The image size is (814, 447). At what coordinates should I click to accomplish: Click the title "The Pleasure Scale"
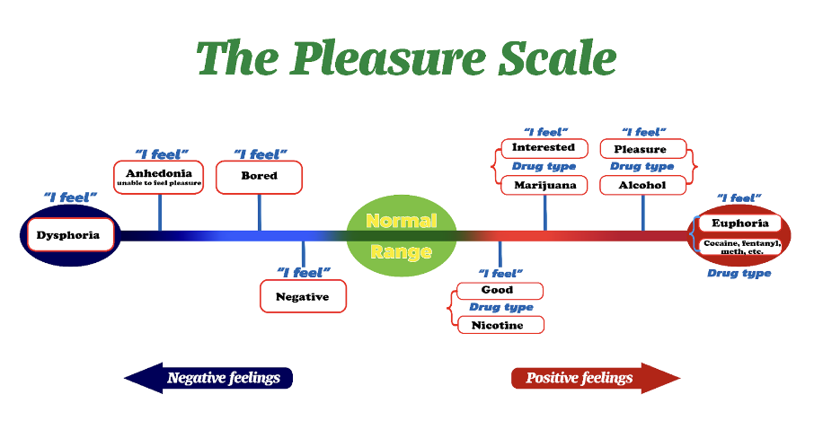coord(406,57)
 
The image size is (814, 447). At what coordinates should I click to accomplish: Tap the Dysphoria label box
coord(69,236)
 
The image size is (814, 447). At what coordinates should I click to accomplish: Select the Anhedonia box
coord(159,177)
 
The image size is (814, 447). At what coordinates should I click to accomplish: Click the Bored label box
coord(259,176)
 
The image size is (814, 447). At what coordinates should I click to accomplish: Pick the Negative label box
coord(303,296)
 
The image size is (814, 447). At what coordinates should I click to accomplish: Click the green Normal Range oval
coord(402,236)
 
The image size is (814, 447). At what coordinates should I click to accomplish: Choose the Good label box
coord(500,290)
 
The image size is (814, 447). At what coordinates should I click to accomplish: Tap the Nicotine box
coord(500,325)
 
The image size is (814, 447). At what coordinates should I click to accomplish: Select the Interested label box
coord(544,148)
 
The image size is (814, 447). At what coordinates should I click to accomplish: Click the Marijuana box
coord(544,185)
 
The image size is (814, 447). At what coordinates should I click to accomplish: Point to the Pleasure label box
coord(642,148)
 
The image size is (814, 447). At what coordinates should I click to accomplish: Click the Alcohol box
coord(642,185)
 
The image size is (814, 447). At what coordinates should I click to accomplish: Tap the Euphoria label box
coord(739,223)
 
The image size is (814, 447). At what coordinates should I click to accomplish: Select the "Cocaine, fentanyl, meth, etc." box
coord(739,247)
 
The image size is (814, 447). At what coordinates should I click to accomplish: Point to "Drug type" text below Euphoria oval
coord(739,273)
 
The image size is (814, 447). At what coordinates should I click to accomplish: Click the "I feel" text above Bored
coord(260,153)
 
